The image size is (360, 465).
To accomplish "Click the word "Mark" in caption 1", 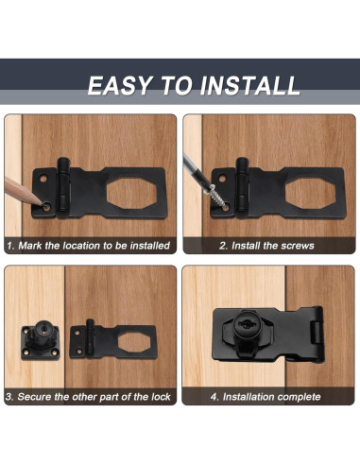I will (34, 246).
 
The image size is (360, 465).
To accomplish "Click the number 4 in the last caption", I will (214, 397).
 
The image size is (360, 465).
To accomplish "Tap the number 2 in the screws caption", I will (223, 246).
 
